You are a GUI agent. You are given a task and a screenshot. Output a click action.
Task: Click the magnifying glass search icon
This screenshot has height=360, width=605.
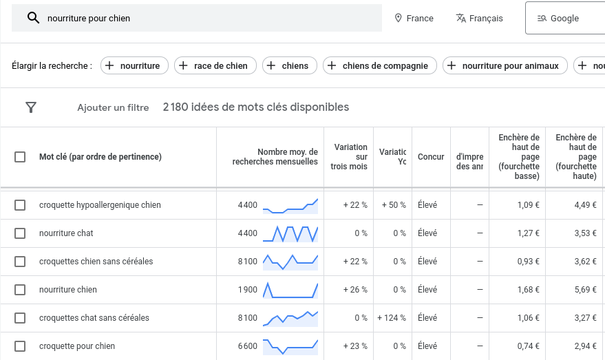33,18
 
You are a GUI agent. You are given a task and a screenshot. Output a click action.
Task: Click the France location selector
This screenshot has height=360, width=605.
414,19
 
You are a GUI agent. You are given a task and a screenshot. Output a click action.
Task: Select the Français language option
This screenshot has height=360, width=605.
480,19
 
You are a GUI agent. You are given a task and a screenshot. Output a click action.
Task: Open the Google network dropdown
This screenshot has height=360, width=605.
564,19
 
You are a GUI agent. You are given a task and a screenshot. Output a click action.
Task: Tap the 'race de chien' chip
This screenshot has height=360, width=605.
215,66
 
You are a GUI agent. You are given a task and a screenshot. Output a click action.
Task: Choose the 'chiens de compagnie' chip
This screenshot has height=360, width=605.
379,66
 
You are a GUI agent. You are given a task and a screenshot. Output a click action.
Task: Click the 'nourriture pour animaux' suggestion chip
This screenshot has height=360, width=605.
505,66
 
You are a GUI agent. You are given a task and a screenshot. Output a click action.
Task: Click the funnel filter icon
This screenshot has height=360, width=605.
31,107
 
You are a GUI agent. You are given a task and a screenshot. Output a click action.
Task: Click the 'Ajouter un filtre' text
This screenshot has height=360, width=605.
113,107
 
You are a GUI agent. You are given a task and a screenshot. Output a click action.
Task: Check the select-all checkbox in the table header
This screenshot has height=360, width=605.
20,157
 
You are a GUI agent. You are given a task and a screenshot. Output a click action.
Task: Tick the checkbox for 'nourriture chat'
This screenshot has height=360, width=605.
20,233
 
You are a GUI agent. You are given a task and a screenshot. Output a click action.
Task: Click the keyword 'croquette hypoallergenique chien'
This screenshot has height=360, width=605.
100,205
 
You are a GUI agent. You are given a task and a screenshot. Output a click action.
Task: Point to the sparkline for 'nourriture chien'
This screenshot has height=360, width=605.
290,290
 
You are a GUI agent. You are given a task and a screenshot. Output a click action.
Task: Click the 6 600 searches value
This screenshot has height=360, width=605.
248,346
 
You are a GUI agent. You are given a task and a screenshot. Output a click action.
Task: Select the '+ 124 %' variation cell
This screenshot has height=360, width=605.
392,318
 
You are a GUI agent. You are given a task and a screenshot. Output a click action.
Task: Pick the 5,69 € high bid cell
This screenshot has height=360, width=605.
585,290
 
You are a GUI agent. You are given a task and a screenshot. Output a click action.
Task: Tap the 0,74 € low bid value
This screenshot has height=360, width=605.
528,346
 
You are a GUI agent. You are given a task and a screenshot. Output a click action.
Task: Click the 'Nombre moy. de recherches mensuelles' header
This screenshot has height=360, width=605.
275,157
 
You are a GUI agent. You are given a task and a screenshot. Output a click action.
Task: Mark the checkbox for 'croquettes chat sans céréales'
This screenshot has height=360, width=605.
20,318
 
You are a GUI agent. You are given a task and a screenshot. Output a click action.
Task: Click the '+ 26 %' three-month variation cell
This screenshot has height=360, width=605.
355,290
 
